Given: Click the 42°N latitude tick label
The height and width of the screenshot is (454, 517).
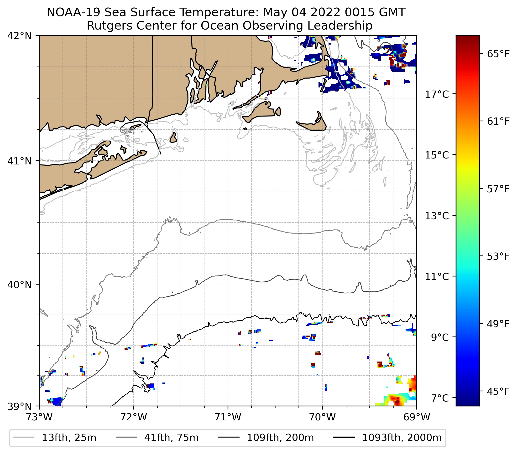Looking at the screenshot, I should (20, 36).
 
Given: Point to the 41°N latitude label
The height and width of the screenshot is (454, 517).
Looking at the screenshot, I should (20, 161).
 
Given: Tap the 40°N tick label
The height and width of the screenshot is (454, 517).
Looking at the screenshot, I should (20, 285).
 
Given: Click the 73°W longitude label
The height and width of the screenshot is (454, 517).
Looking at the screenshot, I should (39, 417).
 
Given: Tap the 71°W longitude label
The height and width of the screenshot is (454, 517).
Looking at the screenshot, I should (228, 417).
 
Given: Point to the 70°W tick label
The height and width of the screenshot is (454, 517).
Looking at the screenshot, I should (323, 417).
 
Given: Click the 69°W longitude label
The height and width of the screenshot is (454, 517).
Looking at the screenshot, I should (417, 417).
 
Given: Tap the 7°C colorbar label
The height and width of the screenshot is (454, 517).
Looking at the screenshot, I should (440, 398).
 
